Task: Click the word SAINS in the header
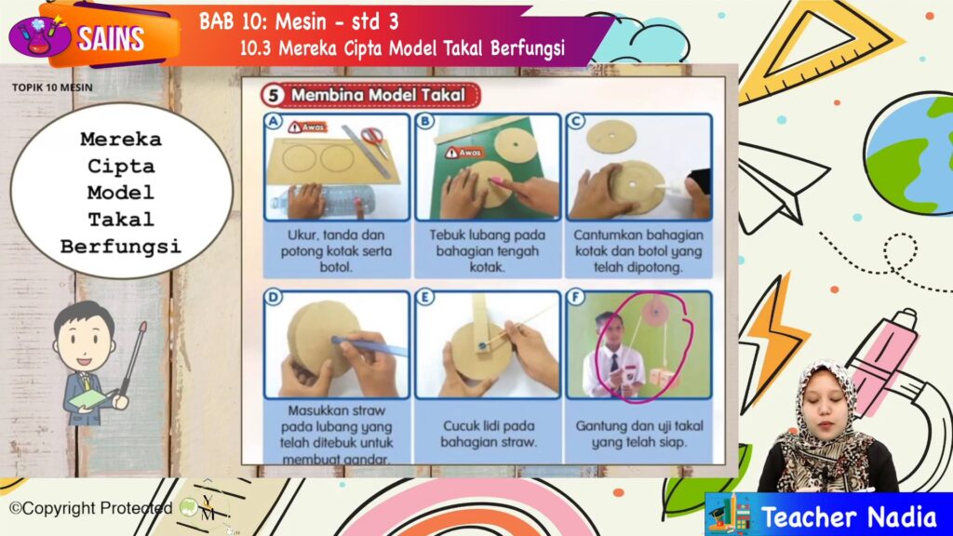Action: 111,39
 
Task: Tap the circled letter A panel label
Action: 274,122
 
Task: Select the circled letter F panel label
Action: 575,297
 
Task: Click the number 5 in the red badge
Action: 273,96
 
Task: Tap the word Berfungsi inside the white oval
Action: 120,247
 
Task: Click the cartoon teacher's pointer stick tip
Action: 143,327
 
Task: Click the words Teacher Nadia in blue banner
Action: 849,517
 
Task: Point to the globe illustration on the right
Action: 909,154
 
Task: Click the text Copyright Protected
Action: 91,508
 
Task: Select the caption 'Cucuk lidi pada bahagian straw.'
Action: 488,434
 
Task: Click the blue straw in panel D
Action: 369,346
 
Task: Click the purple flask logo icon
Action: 39,36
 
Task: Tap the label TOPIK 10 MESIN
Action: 52,87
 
